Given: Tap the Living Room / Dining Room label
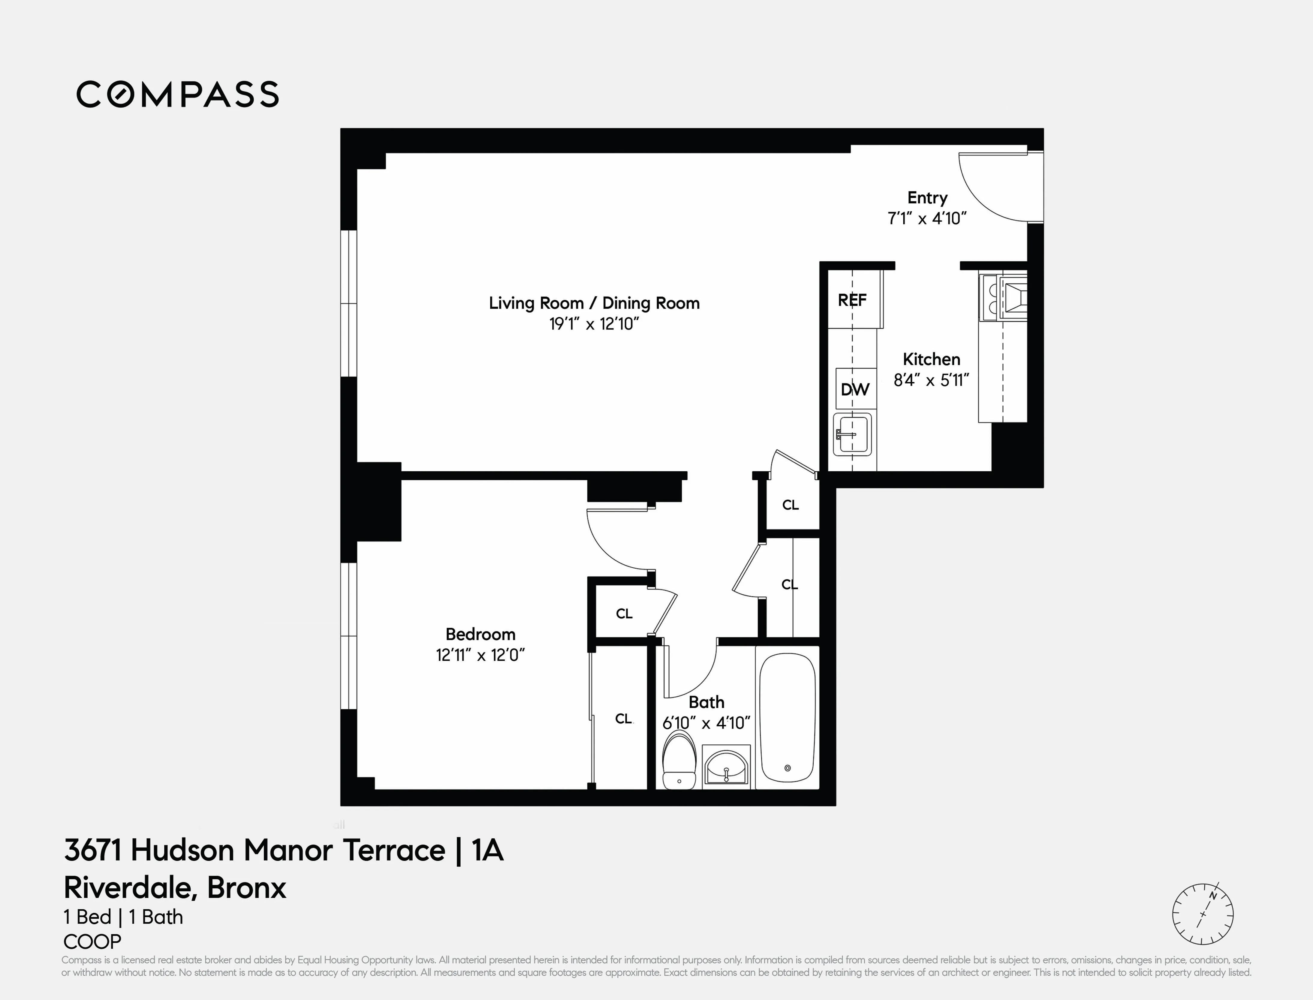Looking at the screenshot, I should (594, 303).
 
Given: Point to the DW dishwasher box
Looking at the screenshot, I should (855, 389).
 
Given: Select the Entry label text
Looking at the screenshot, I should (927, 198).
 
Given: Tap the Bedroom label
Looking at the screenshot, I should (480, 634).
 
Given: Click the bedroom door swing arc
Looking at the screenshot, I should (613, 545).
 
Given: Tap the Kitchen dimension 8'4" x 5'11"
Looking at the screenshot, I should (931, 380).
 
